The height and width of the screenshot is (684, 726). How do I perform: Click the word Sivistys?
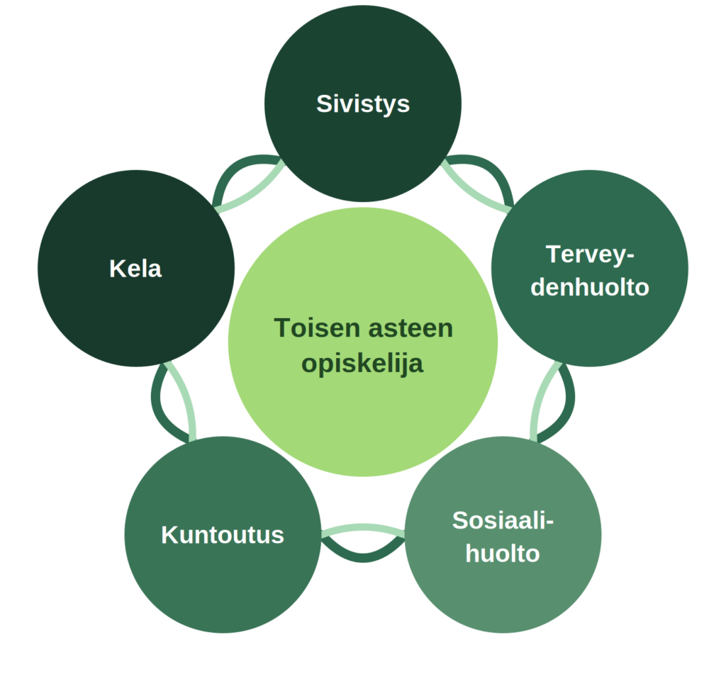point(363,104)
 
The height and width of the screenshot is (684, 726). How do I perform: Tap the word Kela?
point(135,269)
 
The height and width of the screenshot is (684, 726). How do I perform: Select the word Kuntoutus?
point(223,535)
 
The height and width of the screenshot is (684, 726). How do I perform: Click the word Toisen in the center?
point(317,328)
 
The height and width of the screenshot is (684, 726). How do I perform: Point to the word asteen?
point(411,329)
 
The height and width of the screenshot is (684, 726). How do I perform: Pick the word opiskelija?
point(362,364)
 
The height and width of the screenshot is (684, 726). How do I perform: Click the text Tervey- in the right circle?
point(590,255)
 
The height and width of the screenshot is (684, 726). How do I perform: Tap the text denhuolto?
point(590,287)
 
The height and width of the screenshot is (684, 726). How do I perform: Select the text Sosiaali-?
point(503,521)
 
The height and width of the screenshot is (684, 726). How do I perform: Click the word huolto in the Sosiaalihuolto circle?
point(503,554)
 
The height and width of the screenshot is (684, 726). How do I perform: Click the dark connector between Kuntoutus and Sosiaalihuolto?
point(363,559)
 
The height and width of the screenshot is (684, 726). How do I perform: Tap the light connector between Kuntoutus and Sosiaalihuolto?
point(363,527)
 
